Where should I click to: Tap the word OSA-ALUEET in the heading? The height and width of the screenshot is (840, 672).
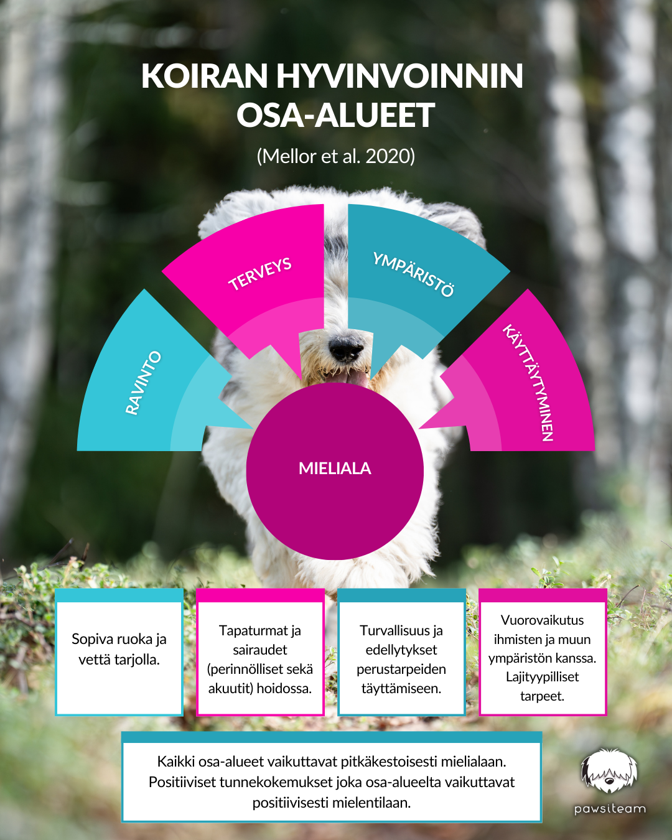pyautogui.click(x=335, y=116)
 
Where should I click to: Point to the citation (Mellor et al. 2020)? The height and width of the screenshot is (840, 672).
pyautogui.click(x=335, y=156)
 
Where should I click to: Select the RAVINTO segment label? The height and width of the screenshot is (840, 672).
pyautogui.click(x=143, y=383)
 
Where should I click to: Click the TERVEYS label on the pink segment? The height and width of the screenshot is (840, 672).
pyautogui.click(x=260, y=274)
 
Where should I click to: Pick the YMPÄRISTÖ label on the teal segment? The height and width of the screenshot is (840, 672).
pyautogui.click(x=413, y=274)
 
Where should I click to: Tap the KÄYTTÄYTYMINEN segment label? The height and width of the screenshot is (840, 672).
pyautogui.click(x=529, y=382)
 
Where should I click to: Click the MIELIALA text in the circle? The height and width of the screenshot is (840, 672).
pyautogui.click(x=335, y=469)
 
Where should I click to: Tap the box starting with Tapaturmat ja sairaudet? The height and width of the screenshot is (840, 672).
pyautogui.click(x=260, y=658)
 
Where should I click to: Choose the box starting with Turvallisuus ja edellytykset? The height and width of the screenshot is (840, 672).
pyautogui.click(x=401, y=658)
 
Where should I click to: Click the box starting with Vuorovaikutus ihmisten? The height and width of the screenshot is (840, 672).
pyautogui.click(x=543, y=657)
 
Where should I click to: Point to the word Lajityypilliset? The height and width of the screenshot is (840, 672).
pyautogui.click(x=543, y=677)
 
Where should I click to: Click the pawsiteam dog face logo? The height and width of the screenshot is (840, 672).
pyautogui.click(x=609, y=772)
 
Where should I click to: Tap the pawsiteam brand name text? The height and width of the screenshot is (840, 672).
pyautogui.click(x=610, y=809)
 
